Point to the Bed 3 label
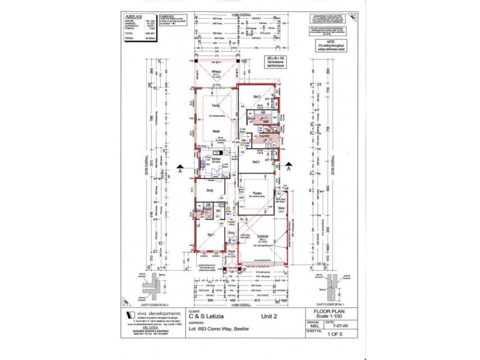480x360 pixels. pyautogui.click(x=256, y=96)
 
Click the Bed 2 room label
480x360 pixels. pyautogui.click(x=256, y=162)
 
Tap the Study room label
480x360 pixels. pyautogui.click(x=210, y=190)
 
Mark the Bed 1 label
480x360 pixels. pyautogui.click(x=211, y=235)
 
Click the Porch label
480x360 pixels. pyautogui.click(x=230, y=251)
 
